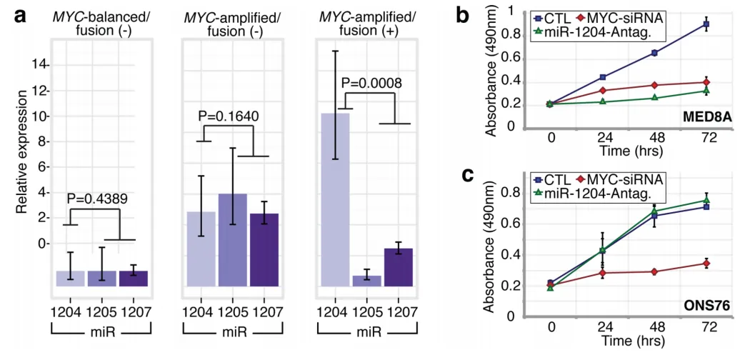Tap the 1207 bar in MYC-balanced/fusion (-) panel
[x=134, y=279]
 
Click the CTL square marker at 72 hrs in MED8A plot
[x=706, y=24]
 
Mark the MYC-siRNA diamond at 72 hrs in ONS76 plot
[x=706, y=264]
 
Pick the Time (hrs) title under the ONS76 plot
[x=629, y=341]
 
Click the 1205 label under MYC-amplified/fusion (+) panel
[x=366, y=311]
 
